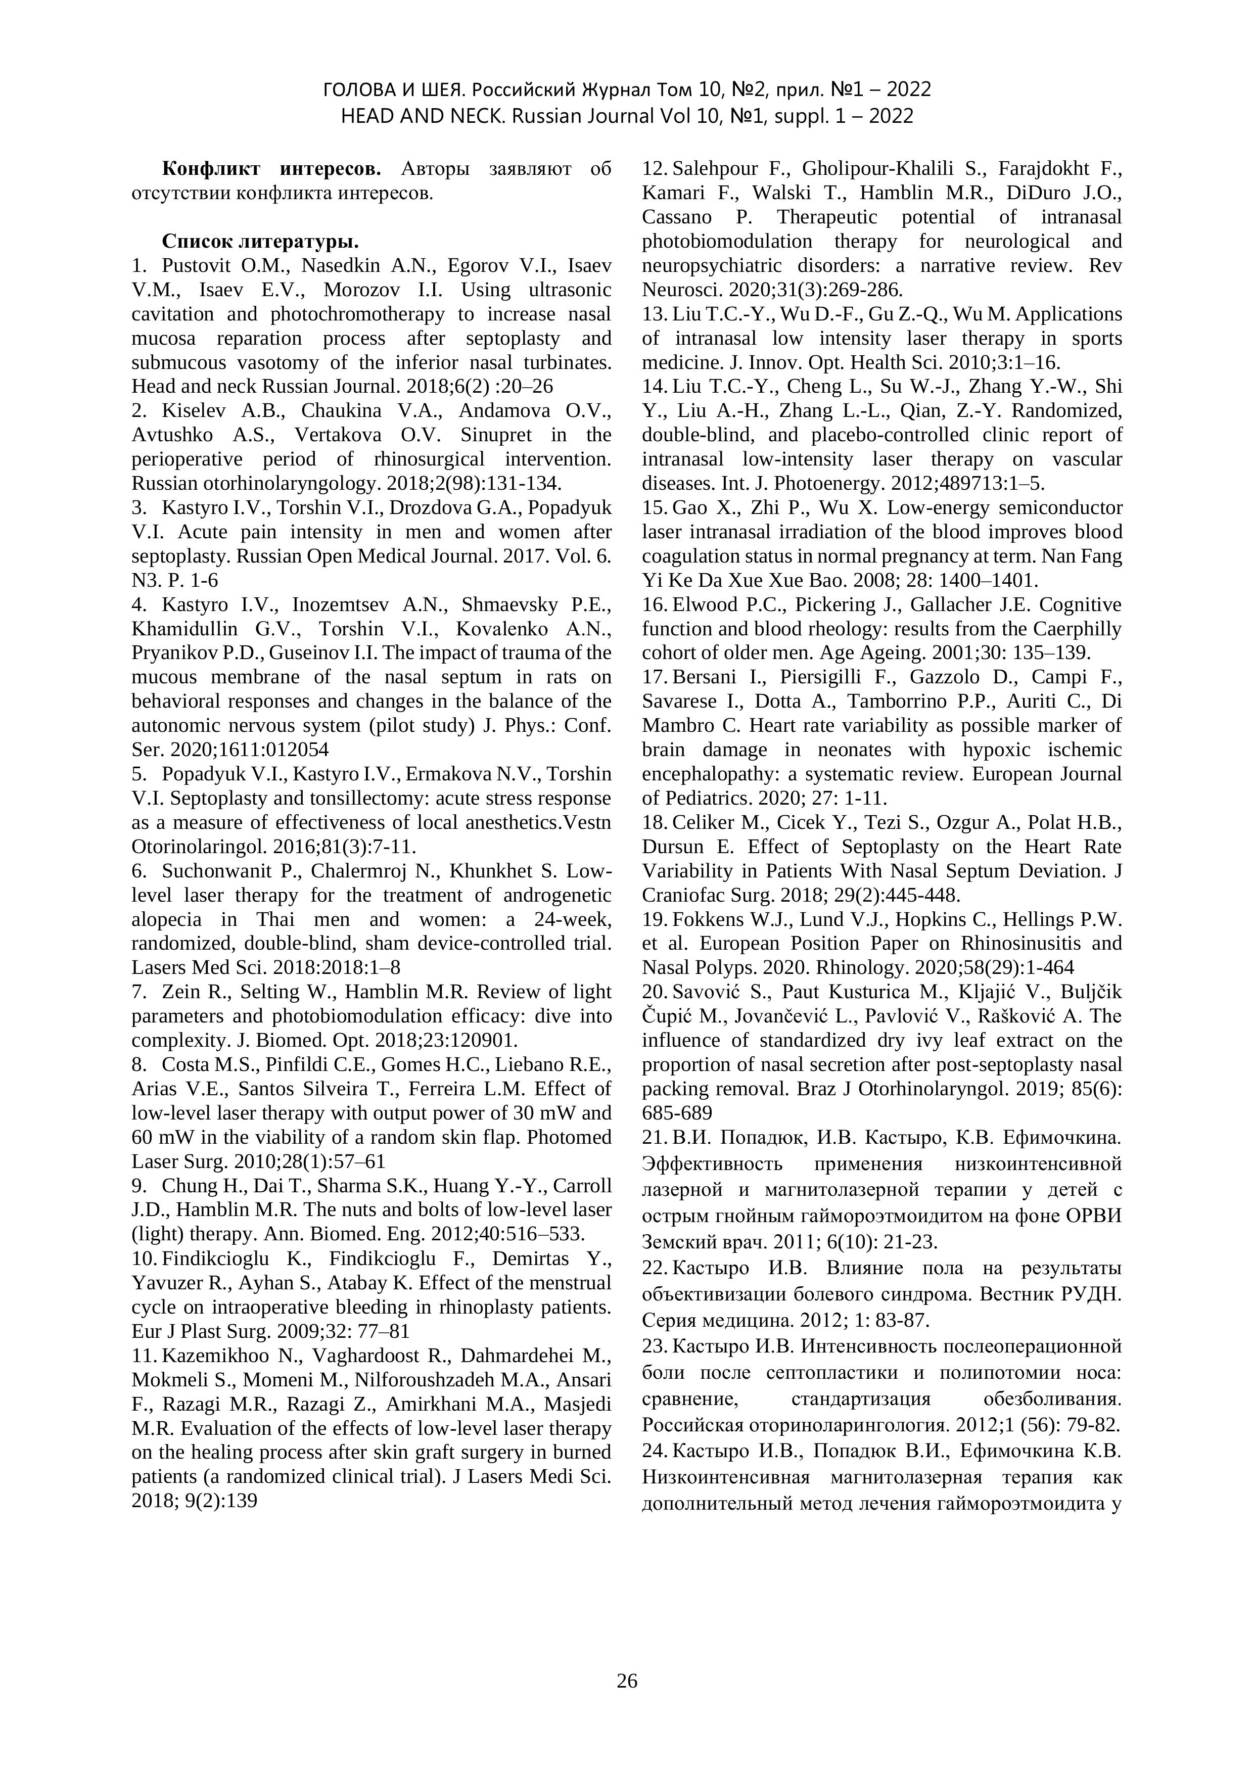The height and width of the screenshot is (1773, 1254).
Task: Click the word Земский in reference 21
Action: (x=674, y=1242)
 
